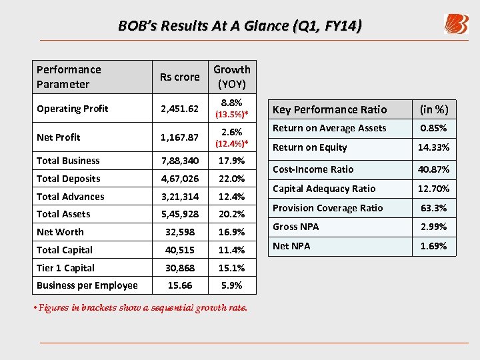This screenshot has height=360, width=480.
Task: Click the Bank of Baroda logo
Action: [456, 25]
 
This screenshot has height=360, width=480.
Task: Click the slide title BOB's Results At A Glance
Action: [240, 26]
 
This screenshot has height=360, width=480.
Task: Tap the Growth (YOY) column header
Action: [231, 77]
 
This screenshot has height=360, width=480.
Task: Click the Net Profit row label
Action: [59, 137]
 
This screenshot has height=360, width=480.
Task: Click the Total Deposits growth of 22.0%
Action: [232, 179]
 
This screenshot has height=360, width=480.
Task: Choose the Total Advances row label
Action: [71, 197]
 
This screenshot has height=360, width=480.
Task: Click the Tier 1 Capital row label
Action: [66, 268]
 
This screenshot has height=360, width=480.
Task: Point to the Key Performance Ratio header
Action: [329, 109]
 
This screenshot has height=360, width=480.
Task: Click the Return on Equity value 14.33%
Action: [433, 147]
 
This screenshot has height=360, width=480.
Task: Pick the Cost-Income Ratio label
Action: [313, 169]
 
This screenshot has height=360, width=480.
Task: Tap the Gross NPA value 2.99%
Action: [433, 227]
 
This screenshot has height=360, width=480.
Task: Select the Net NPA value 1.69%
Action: [433, 246]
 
